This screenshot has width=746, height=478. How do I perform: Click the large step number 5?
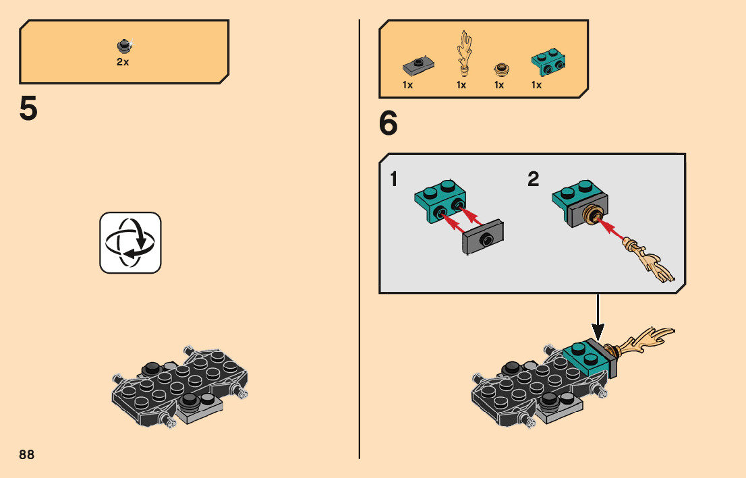point(28,109)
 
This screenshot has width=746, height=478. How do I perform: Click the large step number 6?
point(389,123)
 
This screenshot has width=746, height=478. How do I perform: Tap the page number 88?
point(27,454)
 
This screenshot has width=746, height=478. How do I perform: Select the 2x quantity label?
point(123,61)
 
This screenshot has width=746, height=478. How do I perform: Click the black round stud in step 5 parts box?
point(123,45)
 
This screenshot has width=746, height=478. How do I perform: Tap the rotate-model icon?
point(131,243)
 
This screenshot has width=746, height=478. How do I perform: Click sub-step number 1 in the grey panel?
point(393,180)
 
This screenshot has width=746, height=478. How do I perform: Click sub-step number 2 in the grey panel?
point(534,180)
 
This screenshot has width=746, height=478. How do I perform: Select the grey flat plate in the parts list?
point(417,66)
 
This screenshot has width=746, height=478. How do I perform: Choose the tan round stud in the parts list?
point(500,68)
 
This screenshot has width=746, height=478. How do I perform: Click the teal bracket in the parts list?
point(548,61)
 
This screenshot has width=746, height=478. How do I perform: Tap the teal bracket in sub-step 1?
point(438,198)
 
